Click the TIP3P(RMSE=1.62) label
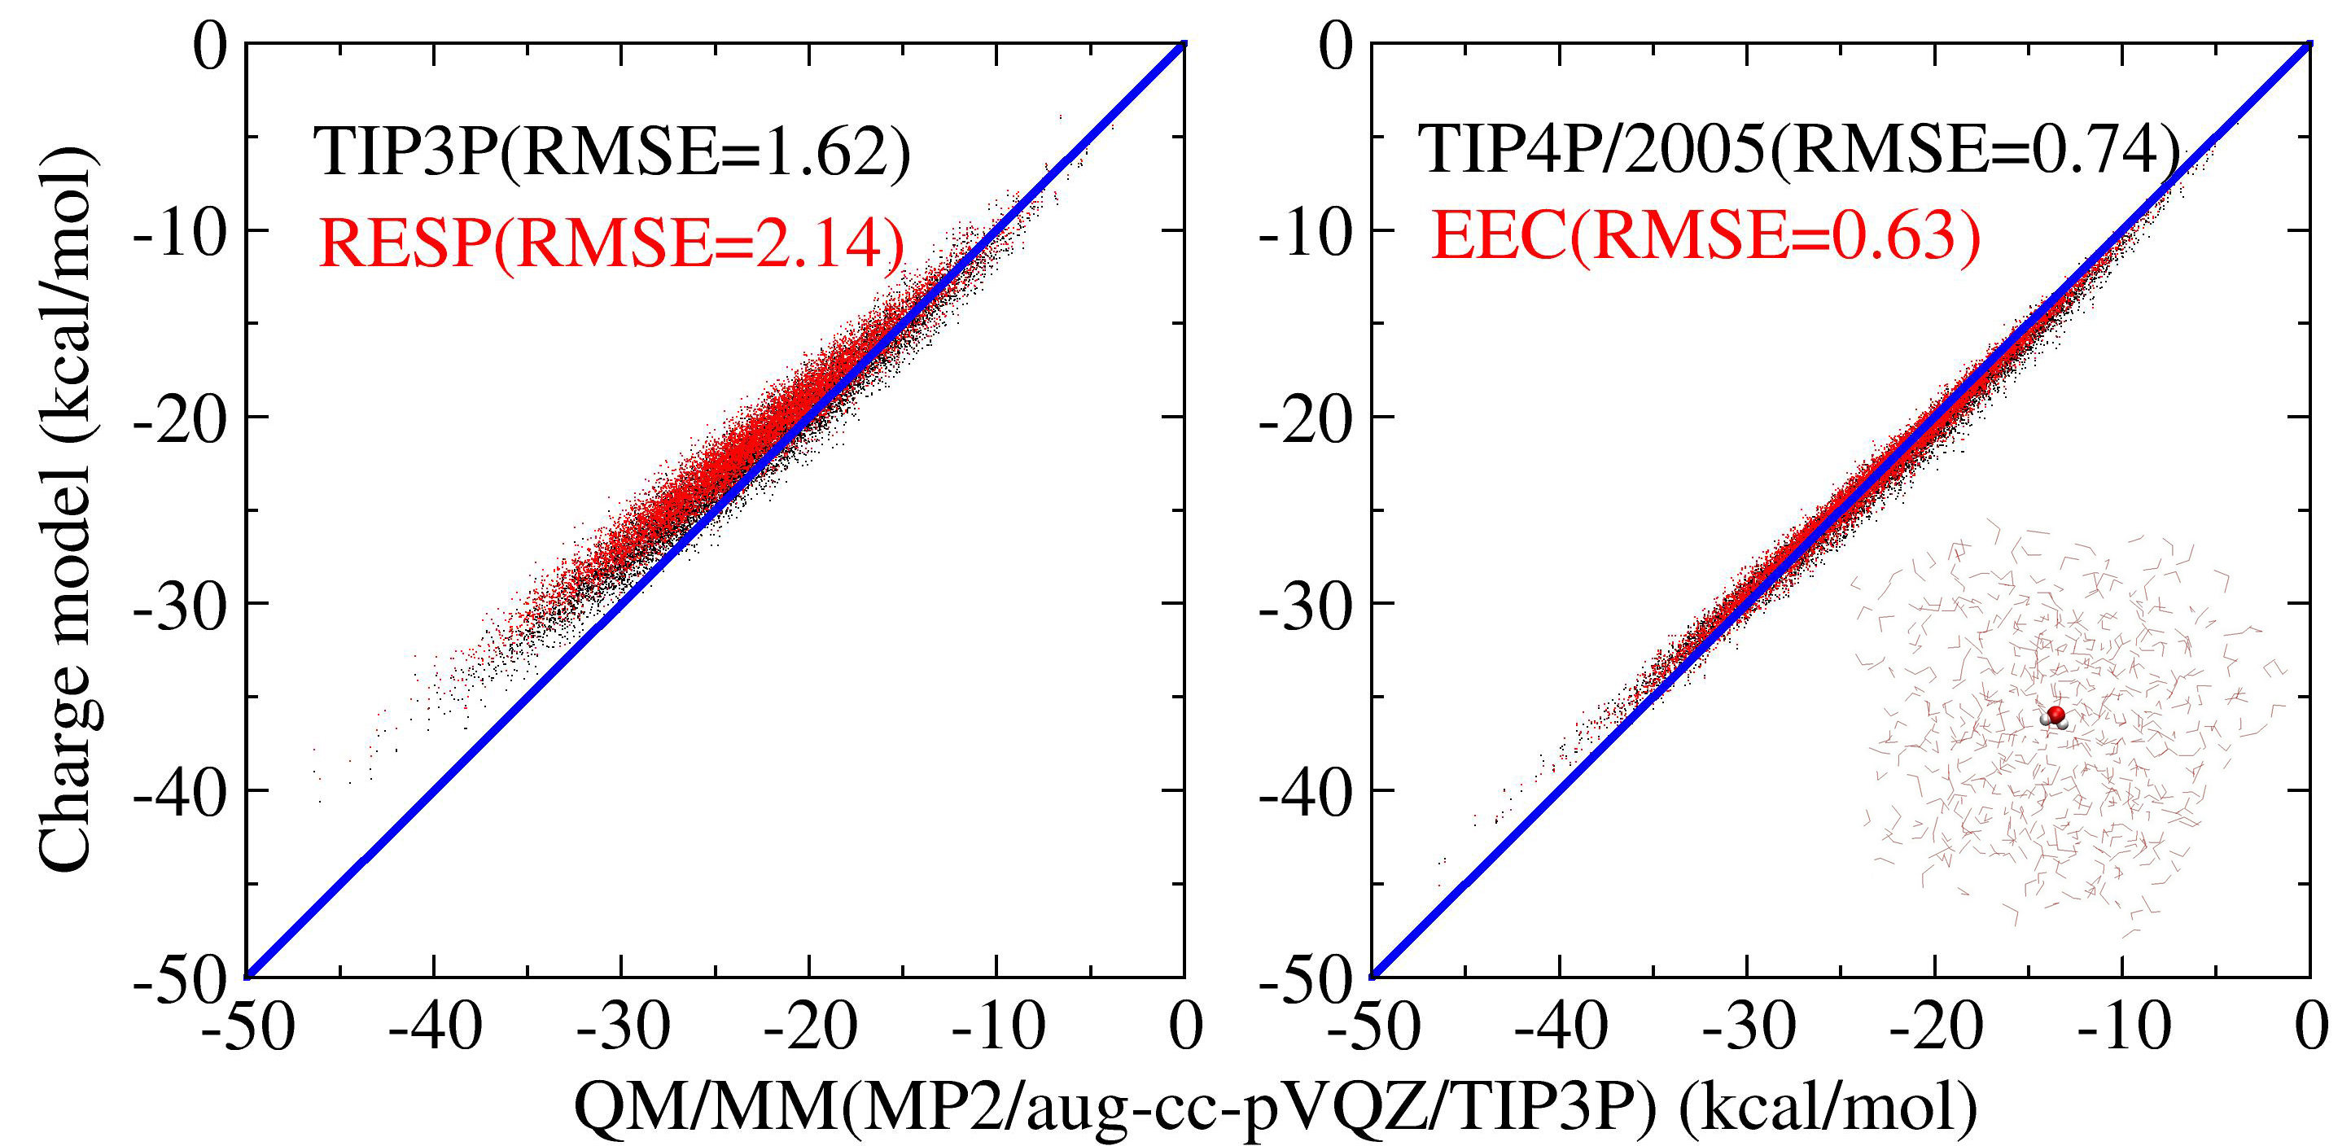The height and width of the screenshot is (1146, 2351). [611, 151]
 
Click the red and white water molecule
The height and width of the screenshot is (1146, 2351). [2054, 718]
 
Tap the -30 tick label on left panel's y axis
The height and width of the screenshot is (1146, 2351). [180, 604]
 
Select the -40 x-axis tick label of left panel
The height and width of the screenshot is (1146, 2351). [435, 1028]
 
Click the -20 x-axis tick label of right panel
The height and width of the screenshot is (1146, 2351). [1935, 1028]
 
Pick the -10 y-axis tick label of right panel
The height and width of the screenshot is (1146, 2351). [1305, 232]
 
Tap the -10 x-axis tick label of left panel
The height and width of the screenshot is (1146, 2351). [996, 1028]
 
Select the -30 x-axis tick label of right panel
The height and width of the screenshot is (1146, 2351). [1748, 1028]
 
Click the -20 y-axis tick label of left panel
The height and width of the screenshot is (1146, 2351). [180, 418]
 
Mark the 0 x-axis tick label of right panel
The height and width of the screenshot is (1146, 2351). [2311, 1028]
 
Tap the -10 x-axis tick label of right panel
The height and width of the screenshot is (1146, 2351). [2122, 1028]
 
